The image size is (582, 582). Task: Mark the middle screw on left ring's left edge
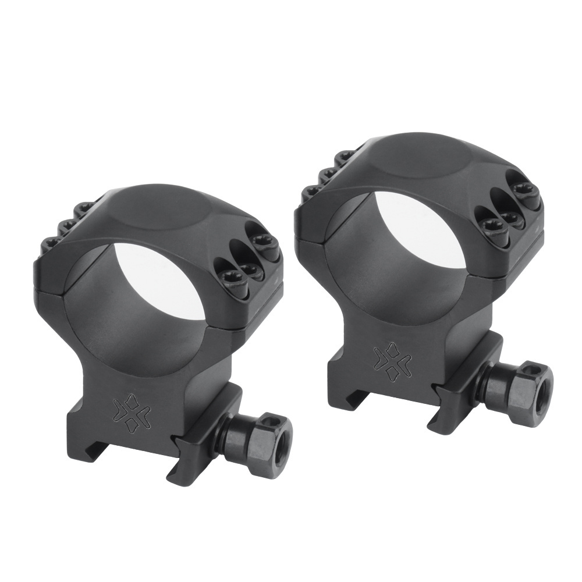click(68, 224)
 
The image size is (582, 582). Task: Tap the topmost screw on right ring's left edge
click(346, 156)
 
